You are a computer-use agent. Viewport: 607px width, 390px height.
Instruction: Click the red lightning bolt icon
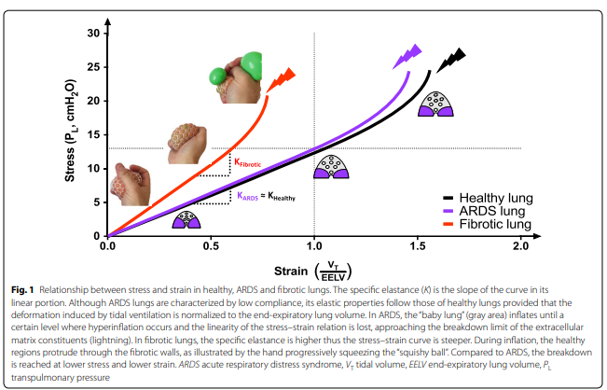tap(281, 80)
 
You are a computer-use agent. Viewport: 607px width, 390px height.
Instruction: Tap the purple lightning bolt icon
tap(407, 57)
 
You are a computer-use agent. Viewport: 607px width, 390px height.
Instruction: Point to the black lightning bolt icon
tap(451, 60)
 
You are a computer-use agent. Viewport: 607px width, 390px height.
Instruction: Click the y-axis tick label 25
tap(93, 67)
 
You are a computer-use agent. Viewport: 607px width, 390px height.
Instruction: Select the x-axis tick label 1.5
tap(418, 246)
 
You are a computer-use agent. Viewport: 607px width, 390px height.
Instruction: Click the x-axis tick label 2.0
tap(520, 246)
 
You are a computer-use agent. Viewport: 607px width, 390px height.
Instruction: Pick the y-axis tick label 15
tap(93, 134)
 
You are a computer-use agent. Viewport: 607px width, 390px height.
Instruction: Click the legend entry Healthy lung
tap(489, 198)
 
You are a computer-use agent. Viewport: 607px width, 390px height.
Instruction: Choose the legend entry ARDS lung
tap(484, 211)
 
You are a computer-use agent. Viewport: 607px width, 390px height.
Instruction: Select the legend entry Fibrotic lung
tap(488, 224)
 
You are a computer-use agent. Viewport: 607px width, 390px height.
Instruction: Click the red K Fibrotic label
tap(248, 162)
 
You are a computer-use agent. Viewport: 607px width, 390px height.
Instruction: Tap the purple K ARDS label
tap(247, 196)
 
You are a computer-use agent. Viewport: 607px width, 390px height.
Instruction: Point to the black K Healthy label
tap(282, 197)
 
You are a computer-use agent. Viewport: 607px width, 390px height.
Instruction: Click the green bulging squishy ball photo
tap(236, 77)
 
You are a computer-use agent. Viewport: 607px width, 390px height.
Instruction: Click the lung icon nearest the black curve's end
tap(435, 104)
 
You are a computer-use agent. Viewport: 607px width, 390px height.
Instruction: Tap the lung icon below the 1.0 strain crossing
tap(331, 167)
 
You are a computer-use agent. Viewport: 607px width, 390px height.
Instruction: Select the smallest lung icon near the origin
tap(186, 219)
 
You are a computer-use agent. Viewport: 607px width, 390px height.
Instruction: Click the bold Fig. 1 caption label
tap(22, 289)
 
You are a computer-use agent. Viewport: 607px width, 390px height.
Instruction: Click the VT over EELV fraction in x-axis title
tap(333, 272)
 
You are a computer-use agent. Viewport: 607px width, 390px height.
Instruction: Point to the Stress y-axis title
tap(70, 131)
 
